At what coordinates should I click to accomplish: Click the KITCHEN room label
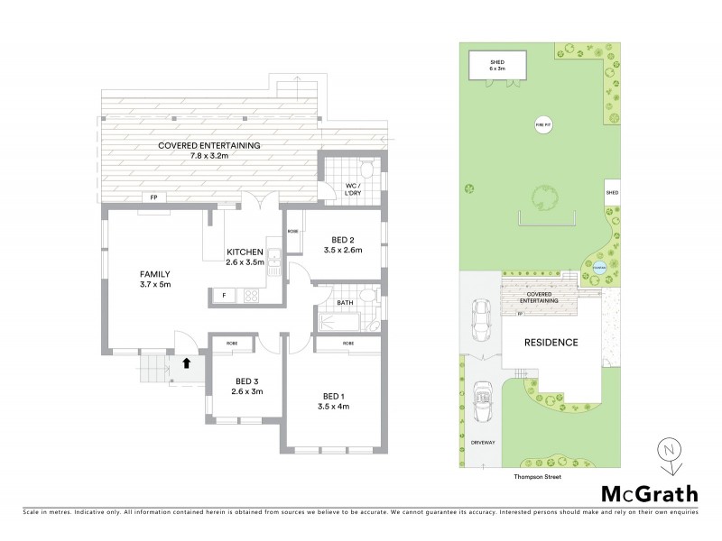coord(244,252)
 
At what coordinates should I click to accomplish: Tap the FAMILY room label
coord(154,273)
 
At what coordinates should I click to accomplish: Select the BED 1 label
coord(333,396)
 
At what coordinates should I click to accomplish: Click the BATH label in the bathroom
coord(345,303)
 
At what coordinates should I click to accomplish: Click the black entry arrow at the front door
coord(186,363)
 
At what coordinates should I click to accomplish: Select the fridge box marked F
coord(222,296)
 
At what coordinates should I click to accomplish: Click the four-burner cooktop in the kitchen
coord(248,295)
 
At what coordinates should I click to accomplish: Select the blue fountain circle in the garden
coord(597,265)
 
